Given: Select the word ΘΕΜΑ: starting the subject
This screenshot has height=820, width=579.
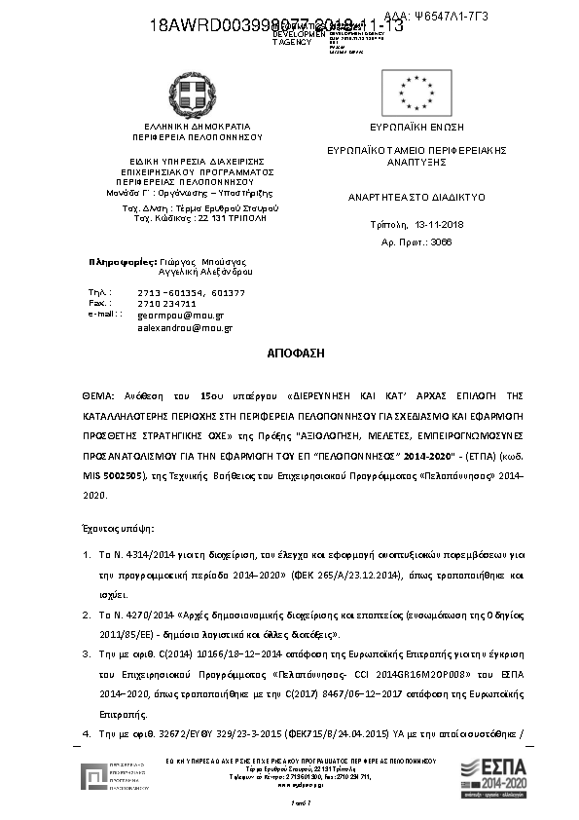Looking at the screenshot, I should pos(97,395).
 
